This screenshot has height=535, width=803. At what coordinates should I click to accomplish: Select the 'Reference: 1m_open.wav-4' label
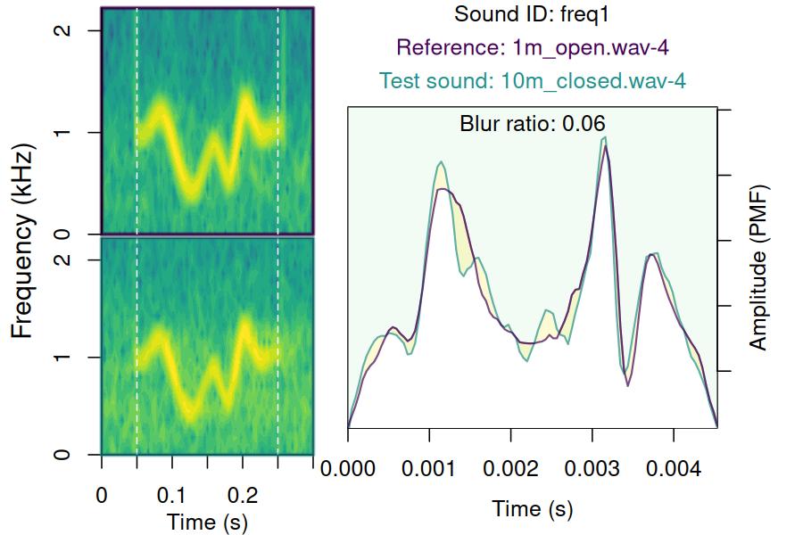(532, 47)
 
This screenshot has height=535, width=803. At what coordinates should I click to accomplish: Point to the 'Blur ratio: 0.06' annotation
(532, 123)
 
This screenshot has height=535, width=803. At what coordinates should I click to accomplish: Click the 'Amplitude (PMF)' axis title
(757, 267)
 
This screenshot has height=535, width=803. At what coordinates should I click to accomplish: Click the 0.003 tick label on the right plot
(592, 468)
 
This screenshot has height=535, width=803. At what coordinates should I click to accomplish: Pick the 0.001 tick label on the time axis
(429, 468)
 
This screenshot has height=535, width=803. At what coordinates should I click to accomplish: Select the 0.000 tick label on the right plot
(348, 468)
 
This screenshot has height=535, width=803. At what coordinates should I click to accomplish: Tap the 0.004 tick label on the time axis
(673, 468)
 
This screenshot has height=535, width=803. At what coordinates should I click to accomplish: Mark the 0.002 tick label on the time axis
(510, 468)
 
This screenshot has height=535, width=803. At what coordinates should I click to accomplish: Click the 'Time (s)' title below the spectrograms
(207, 521)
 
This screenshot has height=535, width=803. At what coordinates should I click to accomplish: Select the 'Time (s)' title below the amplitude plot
(532, 509)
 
